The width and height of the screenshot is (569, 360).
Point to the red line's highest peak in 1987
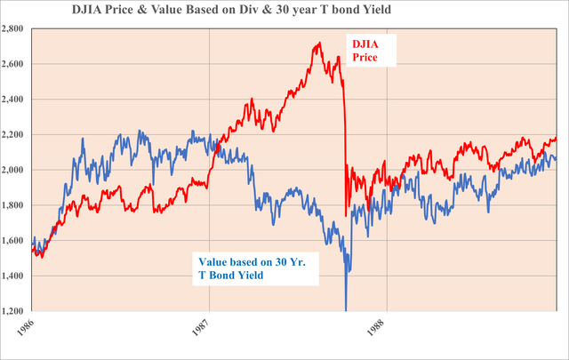click(x=318, y=43)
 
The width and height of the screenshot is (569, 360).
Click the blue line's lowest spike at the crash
click(x=346, y=309)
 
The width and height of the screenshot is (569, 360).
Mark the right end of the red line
click(x=557, y=138)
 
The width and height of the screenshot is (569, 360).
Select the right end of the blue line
click(x=557, y=158)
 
